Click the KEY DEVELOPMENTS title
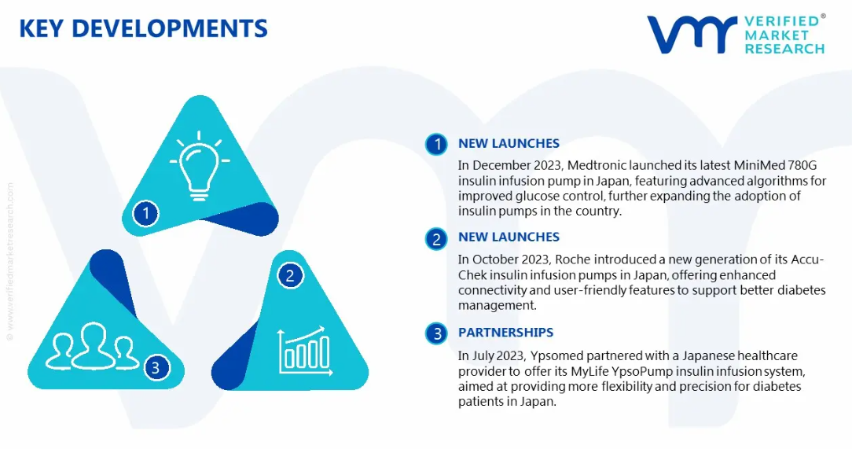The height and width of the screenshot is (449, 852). coord(144,28)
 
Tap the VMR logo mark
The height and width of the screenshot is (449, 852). coord(692,35)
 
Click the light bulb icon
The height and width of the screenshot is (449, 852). coord(199,165)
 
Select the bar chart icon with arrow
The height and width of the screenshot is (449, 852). coord(305,350)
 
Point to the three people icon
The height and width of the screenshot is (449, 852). coord(92,347)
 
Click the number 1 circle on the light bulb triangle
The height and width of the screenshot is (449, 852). coord(145,213)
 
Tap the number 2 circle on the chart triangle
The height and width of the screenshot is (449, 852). coord(290,275)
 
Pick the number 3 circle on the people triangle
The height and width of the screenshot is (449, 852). coord(156,367)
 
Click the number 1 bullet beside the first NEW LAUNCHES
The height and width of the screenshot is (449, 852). coord(436,145)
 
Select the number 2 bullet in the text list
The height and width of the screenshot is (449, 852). coord(436,239)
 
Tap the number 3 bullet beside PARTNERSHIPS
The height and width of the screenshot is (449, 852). coord(436,333)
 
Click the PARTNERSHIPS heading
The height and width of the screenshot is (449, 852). coord(505,332)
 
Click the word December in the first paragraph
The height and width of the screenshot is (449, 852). coord(501,165)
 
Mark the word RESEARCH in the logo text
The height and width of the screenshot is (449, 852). coord(784,49)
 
